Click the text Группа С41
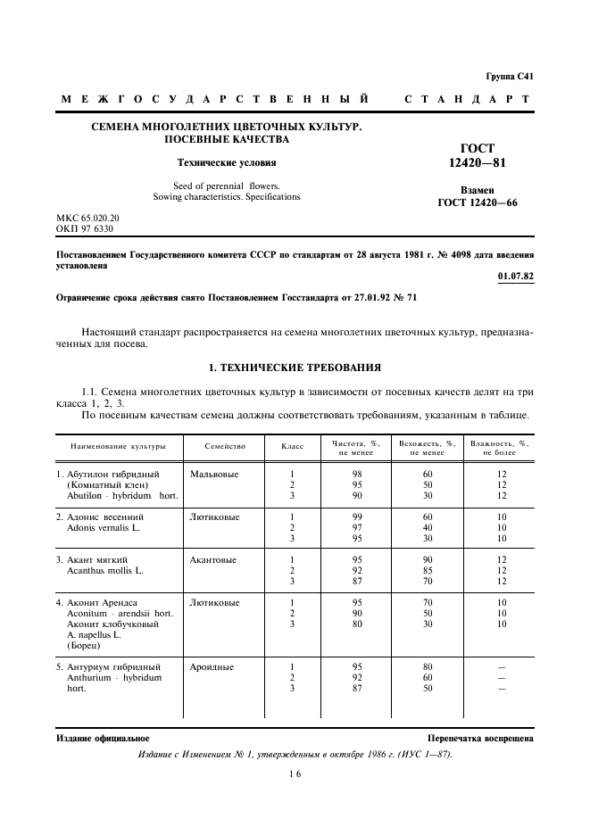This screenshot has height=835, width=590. (510, 77)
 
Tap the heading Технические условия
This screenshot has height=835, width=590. (226, 162)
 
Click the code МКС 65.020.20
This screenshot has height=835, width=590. (87, 218)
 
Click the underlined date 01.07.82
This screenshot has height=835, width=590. (516, 277)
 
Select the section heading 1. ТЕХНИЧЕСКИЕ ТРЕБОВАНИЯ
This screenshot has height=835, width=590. (295, 367)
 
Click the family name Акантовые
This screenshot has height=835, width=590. (213, 560)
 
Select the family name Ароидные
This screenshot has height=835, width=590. (212, 666)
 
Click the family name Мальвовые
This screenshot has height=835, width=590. (214, 474)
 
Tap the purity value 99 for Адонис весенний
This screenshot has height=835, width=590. (357, 517)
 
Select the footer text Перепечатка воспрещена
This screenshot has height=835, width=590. (480, 739)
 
